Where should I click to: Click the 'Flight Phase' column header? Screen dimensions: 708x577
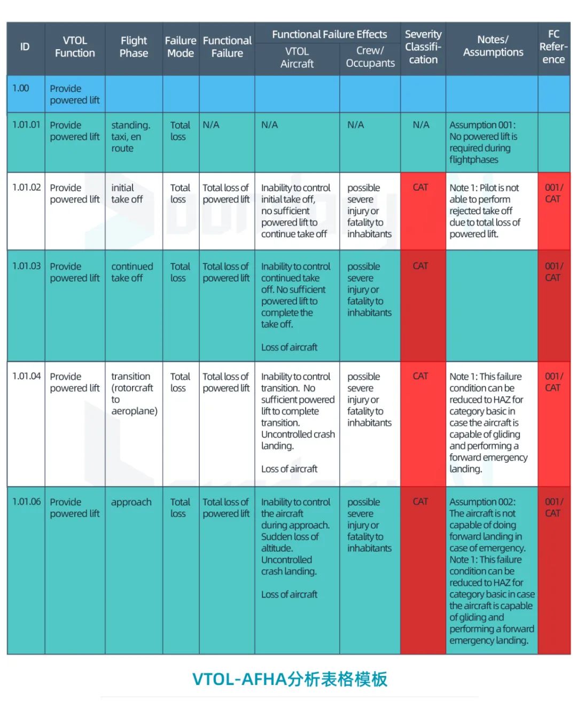134,47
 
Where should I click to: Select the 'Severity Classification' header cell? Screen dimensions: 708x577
423,47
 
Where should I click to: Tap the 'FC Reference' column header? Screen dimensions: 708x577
553,47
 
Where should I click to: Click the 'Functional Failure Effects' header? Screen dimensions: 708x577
329,34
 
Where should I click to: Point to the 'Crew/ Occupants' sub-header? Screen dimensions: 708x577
370,57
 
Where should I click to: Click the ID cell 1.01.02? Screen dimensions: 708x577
26,188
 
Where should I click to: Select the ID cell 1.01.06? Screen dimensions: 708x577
26,502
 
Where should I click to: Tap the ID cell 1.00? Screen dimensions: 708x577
21,88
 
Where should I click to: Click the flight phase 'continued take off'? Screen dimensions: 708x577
131,272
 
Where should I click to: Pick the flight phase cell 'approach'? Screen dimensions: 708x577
131,502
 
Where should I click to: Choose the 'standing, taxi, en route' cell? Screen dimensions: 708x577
130,137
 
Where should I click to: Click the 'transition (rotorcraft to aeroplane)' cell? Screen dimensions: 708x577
134,394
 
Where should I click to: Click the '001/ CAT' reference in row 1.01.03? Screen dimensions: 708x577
553,272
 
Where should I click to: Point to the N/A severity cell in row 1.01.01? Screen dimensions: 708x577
421,125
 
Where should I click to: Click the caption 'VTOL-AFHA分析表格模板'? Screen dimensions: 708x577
290,679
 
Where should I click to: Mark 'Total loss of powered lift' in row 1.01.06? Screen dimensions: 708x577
226,508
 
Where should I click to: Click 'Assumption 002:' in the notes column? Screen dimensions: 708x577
482,502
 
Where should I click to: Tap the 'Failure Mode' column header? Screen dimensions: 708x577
181,47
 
